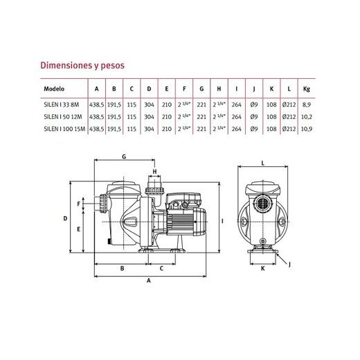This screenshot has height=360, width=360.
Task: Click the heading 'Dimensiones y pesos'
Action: coord(82,66)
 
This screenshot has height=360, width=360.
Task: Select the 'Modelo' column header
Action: coord(54,89)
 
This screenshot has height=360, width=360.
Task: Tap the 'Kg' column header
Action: coord(307,89)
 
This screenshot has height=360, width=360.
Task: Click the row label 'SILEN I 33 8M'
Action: coord(62,105)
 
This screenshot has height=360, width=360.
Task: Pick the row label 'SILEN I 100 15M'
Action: coord(64,129)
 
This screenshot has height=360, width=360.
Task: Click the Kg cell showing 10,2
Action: coord(307,117)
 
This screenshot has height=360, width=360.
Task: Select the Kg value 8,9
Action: coord(307,105)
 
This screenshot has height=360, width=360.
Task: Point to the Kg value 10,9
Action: coord(307,129)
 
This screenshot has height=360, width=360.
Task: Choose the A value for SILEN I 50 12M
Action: coord(96,117)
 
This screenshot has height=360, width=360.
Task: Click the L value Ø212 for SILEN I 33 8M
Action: coord(289,105)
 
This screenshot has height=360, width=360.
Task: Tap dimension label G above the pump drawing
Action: coord(124,157)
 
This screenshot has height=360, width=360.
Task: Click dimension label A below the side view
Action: coord(149,280)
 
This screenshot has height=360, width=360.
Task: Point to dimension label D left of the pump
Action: coord(65,218)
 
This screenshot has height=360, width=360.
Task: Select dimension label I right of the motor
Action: coord(222,222)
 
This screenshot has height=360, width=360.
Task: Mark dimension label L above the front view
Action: coord(262,163)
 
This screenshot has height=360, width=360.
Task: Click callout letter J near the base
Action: coord(289,264)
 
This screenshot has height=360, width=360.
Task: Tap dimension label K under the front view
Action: coord(263,269)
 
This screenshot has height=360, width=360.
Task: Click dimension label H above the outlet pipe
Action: coord(154,172)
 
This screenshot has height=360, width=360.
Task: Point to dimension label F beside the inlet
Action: coord(79,204)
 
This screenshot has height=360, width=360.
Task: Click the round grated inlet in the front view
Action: coord(262,204)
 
